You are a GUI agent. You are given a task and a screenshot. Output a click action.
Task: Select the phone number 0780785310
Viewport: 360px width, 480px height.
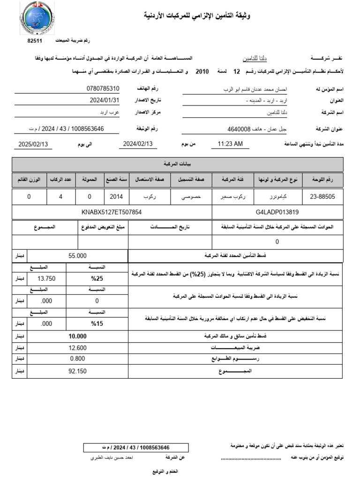pyautogui.click(x=103, y=89)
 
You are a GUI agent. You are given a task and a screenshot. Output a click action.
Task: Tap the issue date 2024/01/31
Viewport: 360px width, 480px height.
pyautogui.click(x=105, y=100)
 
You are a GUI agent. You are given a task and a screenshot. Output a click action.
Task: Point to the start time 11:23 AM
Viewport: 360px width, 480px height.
pyautogui.click(x=230, y=144)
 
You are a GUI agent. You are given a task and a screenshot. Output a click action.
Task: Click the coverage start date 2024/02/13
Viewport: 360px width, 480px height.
pyautogui.click(x=138, y=144)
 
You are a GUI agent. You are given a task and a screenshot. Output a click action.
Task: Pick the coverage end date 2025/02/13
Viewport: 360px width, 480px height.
pyautogui.click(x=34, y=144)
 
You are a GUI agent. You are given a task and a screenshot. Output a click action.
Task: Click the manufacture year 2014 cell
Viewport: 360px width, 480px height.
pyautogui.click(x=116, y=197)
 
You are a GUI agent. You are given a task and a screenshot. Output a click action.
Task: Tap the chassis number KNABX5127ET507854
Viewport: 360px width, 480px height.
pyautogui.click(x=112, y=212)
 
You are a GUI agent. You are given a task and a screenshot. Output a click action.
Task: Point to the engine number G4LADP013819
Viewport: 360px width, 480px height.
pyautogui.click(x=277, y=212)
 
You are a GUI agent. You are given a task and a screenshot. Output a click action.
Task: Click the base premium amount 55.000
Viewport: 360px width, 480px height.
pyautogui.click(x=77, y=256)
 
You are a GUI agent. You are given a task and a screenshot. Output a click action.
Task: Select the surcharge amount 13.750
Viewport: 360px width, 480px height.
pyautogui.click(x=46, y=278)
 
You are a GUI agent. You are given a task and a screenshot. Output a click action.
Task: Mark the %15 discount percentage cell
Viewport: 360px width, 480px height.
pyautogui.click(x=97, y=323)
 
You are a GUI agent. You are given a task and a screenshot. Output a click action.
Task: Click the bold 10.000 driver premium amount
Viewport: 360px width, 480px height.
pyautogui.click(x=77, y=337)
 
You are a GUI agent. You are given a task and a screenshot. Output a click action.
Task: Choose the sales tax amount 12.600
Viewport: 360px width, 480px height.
pyautogui.click(x=77, y=348)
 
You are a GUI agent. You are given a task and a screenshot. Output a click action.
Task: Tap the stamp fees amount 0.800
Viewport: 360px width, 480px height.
pyautogui.click(x=77, y=359)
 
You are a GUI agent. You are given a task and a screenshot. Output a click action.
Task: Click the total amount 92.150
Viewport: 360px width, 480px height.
pyautogui.click(x=77, y=371)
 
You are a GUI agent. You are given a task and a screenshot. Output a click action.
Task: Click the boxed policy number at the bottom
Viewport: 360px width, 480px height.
pyautogui.click(x=135, y=448)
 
